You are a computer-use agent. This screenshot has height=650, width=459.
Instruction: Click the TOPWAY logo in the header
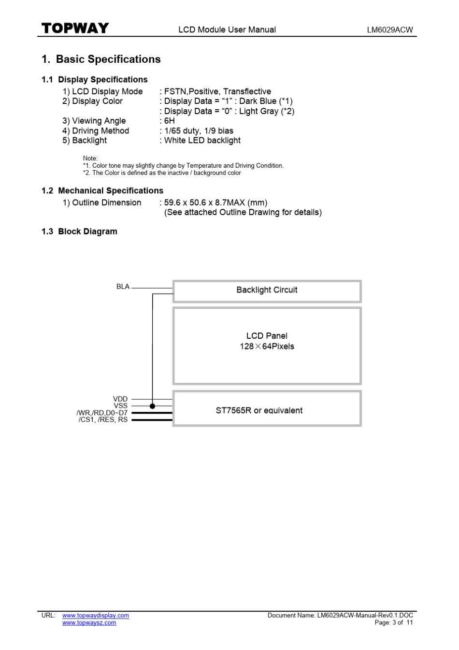pyautogui.click(x=75, y=28)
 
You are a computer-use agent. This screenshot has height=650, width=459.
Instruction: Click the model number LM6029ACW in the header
pyautogui.click(x=390, y=29)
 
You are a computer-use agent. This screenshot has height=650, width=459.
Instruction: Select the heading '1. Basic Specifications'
pyautogui.click(x=101, y=59)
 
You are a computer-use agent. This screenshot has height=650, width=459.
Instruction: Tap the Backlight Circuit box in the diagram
pyautogui.click(x=267, y=290)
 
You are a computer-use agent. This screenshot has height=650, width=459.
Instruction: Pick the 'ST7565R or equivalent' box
pyautogui.click(x=259, y=410)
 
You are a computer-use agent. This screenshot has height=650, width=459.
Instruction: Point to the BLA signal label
pyautogui.click(x=123, y=287)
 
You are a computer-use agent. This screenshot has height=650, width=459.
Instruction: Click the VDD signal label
pyautogui.click(x=120, y=399)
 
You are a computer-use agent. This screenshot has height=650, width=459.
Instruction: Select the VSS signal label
pyautogui.click(x=120, y=406)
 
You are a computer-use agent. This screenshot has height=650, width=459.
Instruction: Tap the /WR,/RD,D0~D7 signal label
pyautogui.click(x=102, y=413)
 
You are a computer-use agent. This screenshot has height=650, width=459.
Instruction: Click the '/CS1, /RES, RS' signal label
pyautogui.click(x=103, y=419)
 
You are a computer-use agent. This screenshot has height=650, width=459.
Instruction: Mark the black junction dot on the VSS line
pyautogui.click(x=153, y=406)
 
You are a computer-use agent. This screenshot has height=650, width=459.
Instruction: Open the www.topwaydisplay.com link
pyautogui.click(x=96, y=615)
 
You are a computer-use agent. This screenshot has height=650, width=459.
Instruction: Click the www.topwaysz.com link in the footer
pyautogui.click(x=89, y=622)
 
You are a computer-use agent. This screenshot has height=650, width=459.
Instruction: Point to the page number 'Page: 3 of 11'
pyautogui.click(x=394, y=622)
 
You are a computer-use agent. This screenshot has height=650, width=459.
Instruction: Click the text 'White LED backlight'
pyautogui.click(x=202, y=141)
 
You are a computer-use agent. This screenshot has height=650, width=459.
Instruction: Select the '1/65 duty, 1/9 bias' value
pyautogui.click(x=199, y=131)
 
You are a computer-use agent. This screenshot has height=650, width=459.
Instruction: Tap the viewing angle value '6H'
pyautogui.click(x=169, y=121)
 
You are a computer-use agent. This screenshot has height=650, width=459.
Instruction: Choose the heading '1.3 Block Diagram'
pyautogui.click(x=79, y=231)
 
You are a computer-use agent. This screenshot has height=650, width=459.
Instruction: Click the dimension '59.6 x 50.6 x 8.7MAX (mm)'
pyautogui.click(x=215, y=202)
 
